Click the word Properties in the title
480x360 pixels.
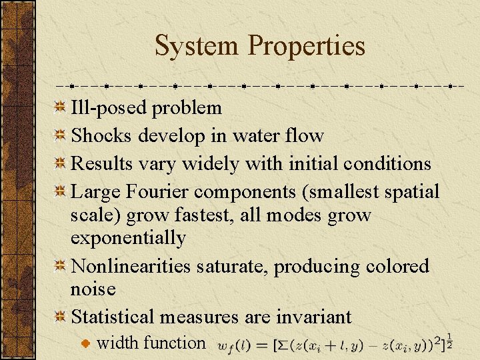pos(307,46)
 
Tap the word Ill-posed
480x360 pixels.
pos(109,107)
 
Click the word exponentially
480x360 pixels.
pos(128,237)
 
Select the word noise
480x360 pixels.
pos(93,289)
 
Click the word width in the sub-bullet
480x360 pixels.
pos(115,343)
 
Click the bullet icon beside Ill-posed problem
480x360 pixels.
pos(60,107)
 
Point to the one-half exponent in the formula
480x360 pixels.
pos(450,341)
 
